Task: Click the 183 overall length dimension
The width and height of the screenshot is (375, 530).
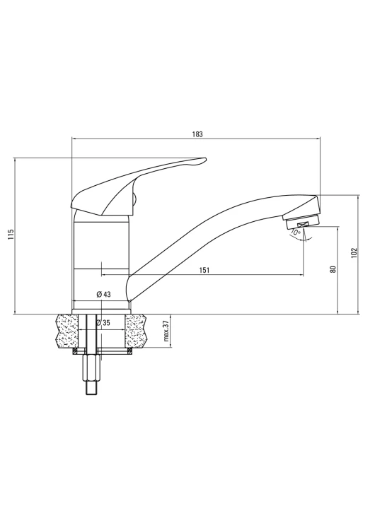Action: pos(197,134)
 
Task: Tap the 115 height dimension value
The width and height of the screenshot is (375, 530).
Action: pos(11,234)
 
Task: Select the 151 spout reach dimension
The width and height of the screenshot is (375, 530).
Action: pos(204,270)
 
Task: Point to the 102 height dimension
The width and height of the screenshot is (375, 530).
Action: pos(354,253)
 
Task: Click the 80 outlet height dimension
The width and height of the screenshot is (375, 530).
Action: pos(333,269)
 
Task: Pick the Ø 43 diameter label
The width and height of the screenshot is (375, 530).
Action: pos(103,295)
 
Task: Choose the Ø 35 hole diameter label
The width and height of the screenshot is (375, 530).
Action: pos(103,323)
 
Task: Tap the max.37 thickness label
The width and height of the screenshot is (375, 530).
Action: pos(166,331)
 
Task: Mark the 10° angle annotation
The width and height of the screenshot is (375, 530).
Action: pos(295,232)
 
